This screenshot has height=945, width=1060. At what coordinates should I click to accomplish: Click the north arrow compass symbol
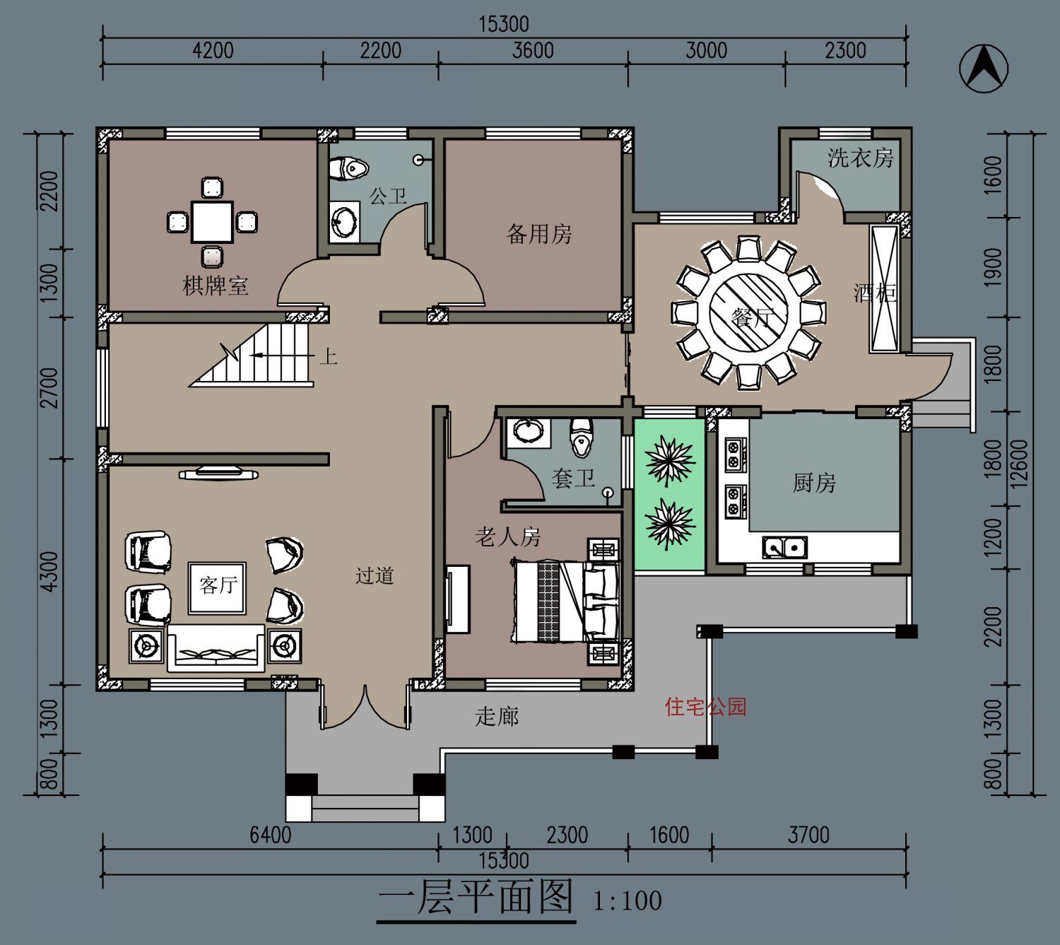(984, 69)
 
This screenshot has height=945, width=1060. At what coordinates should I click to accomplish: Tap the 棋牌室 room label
(215, 286)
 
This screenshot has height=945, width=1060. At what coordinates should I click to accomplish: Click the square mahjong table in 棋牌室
(212, 223)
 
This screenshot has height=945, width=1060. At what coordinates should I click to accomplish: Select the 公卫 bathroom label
(388, 196)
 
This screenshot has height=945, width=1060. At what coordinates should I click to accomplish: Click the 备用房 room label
(539, 234)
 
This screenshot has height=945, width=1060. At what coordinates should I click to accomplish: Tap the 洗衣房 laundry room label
(860, 158)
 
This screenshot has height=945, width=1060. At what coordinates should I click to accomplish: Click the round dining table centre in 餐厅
(748, 313)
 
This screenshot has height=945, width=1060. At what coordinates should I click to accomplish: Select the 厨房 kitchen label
(814, 483)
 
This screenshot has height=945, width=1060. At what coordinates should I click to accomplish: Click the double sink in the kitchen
(784, 547)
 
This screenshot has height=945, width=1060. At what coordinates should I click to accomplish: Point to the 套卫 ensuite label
(573, 479)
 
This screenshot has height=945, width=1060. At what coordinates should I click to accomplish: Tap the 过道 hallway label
(375, 575)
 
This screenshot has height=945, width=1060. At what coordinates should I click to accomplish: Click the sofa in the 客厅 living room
(216, 648)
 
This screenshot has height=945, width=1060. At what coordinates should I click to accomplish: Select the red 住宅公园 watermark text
(705, 707)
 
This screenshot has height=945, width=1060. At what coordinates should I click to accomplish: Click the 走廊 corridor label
(497, 716)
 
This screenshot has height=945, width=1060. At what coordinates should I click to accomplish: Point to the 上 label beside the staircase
(328, 357)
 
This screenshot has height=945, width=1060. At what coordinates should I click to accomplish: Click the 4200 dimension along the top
(213, 51)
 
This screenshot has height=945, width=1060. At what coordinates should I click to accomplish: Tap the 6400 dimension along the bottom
(270, 835)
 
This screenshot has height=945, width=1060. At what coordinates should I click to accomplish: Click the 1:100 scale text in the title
(628, 900)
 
